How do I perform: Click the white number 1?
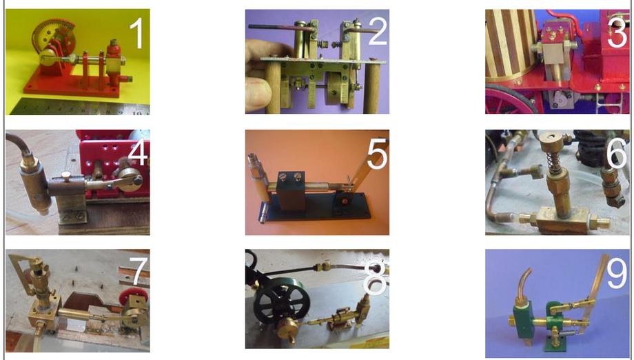pos(137,34)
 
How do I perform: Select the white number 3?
pos(617,34)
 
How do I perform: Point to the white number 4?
pos(138,152)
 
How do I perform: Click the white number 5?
pos(377,154)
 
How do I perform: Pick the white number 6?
pos(617,154)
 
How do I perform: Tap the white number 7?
pos(139,272)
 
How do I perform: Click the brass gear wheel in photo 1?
pos(53,39)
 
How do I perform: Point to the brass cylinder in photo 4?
pos(34,186)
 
